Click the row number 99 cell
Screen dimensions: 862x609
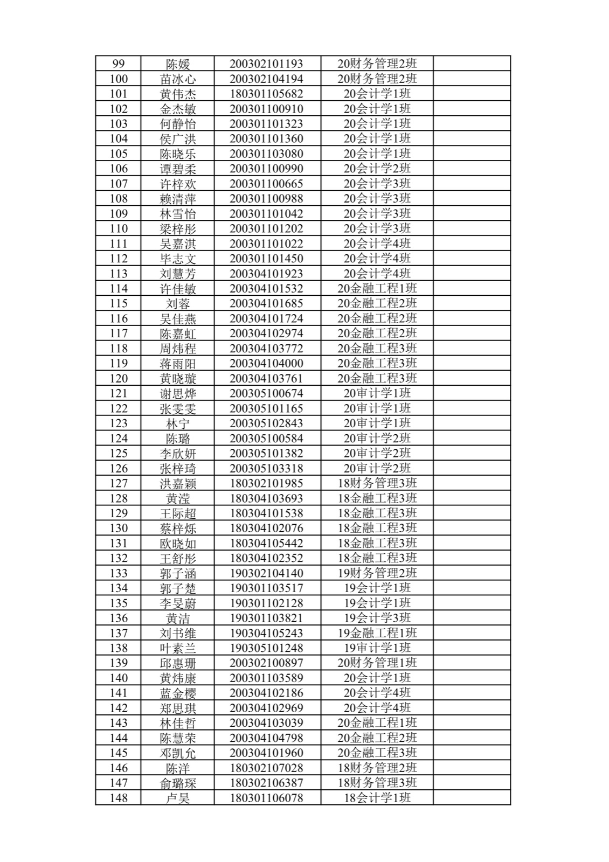click(x=118, y=64)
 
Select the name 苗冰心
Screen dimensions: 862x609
click(x=177, y=79)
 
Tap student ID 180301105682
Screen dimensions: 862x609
click(x=266, y=94)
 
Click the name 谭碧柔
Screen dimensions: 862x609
click(x=177, y=169)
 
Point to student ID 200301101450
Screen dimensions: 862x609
click(x=266, y=259)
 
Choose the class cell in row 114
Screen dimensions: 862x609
click(x=377, y=289)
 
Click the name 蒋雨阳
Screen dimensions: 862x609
click(x=177, y=364)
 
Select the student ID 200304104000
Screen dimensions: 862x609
click(x=266, y=364)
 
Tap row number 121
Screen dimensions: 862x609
click(x=118, y=393)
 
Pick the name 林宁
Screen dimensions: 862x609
click(x=177, y=423)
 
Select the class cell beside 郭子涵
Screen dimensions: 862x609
click(x=377, y=573)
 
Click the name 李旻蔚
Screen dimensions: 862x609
click(x=177, y=603)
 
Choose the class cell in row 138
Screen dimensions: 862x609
click(x=377, y=648)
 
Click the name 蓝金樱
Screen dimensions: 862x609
click(x=177, y=693)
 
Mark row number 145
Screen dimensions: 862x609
click(x=118, y=753)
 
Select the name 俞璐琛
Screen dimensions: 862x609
click(x=177, y=783)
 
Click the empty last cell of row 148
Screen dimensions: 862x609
click(x=471, y=798)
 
